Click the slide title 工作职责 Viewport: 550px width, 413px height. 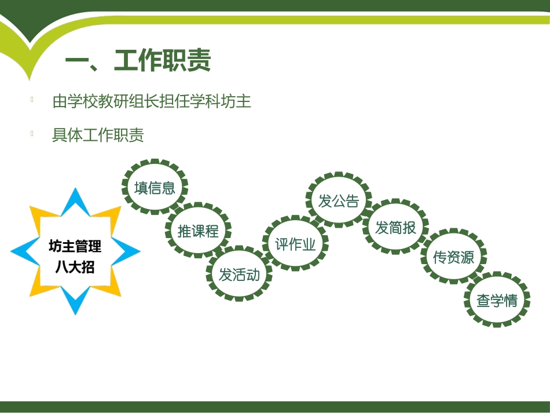click(x=163, y=61)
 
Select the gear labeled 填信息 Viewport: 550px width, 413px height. click(x=155, y=187)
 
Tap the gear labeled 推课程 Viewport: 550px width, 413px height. click(x=198, y=231)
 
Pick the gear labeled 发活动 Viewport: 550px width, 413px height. click(x=239, y=274)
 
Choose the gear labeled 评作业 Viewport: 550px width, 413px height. click(x=295, y=244)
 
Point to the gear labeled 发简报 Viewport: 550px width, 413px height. click(x=396, y=227)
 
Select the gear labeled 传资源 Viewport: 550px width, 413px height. click(x=453, y=257)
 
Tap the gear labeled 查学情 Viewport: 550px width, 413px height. click(x=497, y=301)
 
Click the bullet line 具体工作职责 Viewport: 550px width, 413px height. click(x=98, y=135)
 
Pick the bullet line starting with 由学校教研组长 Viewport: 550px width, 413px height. click(x=152, y=101)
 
